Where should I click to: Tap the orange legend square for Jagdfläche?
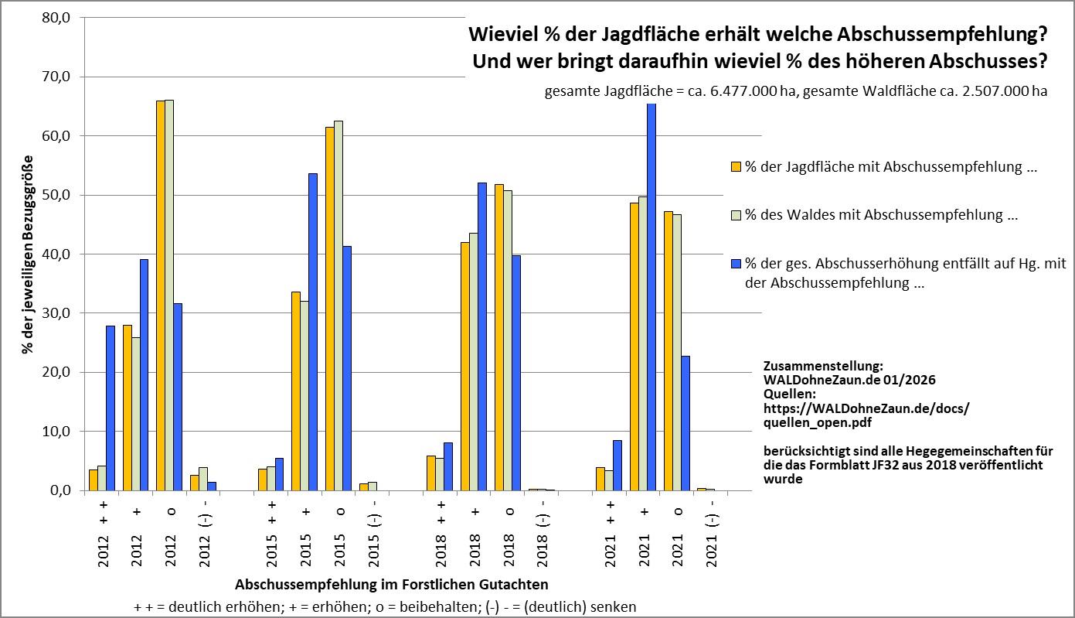[x=737, y=166]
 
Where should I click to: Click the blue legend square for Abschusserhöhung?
[x=737, y=264]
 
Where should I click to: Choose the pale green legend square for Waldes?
[x=737, y=215]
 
